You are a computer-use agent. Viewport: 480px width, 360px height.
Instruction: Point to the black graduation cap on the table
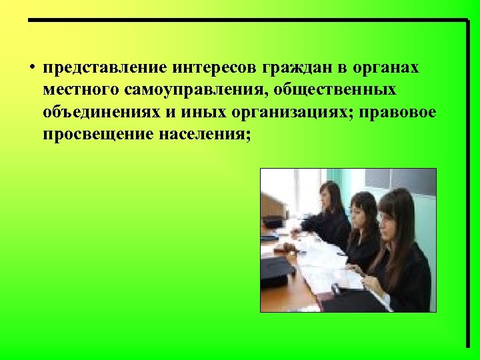(275, 270)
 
